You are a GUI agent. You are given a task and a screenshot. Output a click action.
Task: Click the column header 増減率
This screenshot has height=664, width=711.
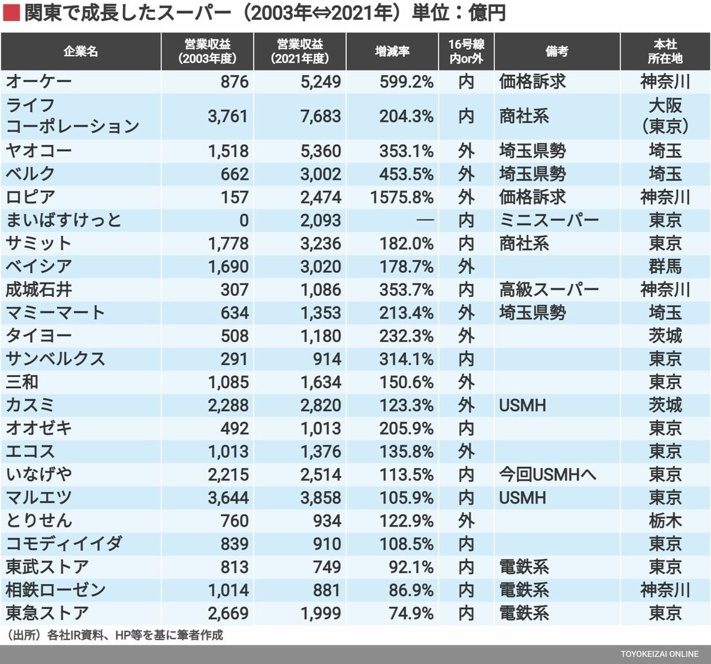(392, 52)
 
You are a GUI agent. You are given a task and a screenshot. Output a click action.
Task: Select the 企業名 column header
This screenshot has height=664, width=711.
(80, 52)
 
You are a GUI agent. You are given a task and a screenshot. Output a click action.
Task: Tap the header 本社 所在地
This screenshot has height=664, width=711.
(665, 52)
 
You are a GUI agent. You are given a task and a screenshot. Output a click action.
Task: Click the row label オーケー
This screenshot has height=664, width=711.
(39, 82)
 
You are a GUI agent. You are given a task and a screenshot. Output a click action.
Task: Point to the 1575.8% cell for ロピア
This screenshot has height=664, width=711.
(402, 197)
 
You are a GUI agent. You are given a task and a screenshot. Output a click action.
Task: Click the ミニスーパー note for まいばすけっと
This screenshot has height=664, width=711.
(549, 220)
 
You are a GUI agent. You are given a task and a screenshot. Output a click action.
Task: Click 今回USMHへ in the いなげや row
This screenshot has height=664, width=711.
(548, 474)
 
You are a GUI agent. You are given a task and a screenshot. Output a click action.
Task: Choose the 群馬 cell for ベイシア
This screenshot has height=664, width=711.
(665, 266)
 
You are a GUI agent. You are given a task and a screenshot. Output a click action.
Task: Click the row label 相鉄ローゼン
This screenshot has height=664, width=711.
(56, 590)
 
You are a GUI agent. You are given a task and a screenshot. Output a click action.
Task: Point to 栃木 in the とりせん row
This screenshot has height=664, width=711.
(665, 520)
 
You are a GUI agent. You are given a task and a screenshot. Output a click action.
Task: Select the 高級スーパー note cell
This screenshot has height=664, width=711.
(549, 290)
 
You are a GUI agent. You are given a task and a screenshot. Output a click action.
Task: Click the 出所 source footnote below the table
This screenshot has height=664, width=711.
(115, 635)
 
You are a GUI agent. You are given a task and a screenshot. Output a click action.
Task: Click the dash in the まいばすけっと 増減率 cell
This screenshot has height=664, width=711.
(424, 220)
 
